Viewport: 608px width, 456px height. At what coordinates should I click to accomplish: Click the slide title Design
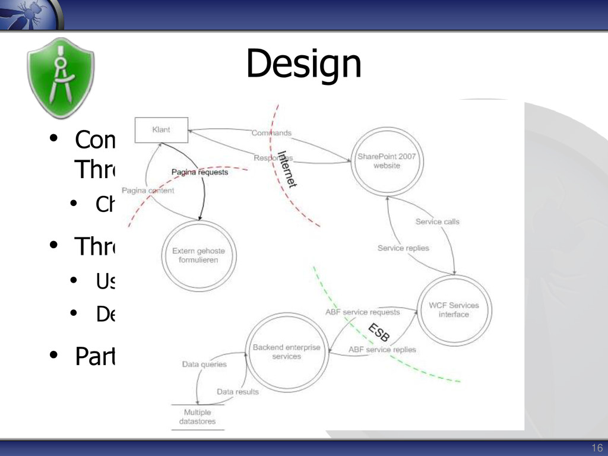[x=303, y=65]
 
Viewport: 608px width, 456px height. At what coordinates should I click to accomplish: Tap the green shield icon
[x=60, y=78]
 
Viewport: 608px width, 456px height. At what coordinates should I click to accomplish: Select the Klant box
[x=161, y=130]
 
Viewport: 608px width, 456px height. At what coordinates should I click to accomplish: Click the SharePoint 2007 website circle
[x=387, y=161]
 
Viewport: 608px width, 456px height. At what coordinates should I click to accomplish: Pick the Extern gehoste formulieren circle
[x=198, y=255]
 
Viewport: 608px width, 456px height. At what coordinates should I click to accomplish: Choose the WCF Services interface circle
[x=454, y=310]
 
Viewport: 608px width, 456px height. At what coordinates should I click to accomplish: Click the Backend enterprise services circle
[x=286, y=351]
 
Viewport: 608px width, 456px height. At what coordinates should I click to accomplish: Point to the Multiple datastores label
[x=197, y=417]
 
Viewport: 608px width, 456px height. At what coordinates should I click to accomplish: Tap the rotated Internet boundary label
[x=287, y=169]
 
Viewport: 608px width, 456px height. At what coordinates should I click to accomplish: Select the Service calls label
[x=438, y=221]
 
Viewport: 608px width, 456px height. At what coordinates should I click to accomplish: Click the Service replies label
[x=403, y=248]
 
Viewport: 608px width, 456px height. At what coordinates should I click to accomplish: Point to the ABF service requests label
[x=363, y=312]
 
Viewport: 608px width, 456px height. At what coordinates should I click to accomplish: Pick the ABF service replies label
[x=382, y=349]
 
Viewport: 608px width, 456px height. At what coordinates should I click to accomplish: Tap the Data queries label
[x=204, y=364]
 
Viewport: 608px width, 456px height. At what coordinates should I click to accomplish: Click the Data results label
[x=237, y=391]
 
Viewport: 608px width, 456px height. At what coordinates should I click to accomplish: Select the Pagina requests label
[x=199, y=172]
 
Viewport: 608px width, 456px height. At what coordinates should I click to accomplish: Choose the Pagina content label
[x=148, y=191]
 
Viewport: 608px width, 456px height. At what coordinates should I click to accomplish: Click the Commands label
[x=271, y=133]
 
